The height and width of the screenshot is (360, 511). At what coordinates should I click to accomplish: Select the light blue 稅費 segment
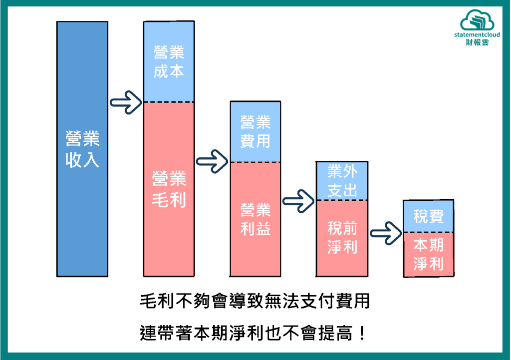pyautogui.click(x=429, y=216)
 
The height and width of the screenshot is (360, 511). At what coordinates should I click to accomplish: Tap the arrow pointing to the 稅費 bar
pyautogui.click(x=386, y=233)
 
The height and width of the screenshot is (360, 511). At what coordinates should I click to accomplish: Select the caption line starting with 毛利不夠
pyautogui.click(x=255, y=302)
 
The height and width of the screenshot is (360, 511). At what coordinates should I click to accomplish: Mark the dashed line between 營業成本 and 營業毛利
pyautogui.click(x=169, y=102)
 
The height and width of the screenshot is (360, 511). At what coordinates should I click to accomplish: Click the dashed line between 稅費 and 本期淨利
pyautogui.click(x=429, y=232)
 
